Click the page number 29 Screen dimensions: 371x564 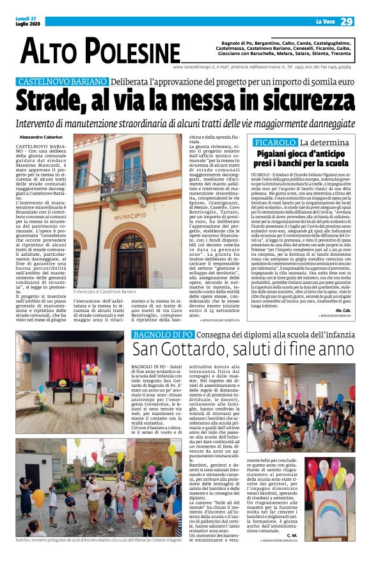346,22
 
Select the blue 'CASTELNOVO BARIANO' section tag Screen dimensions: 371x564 62,82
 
